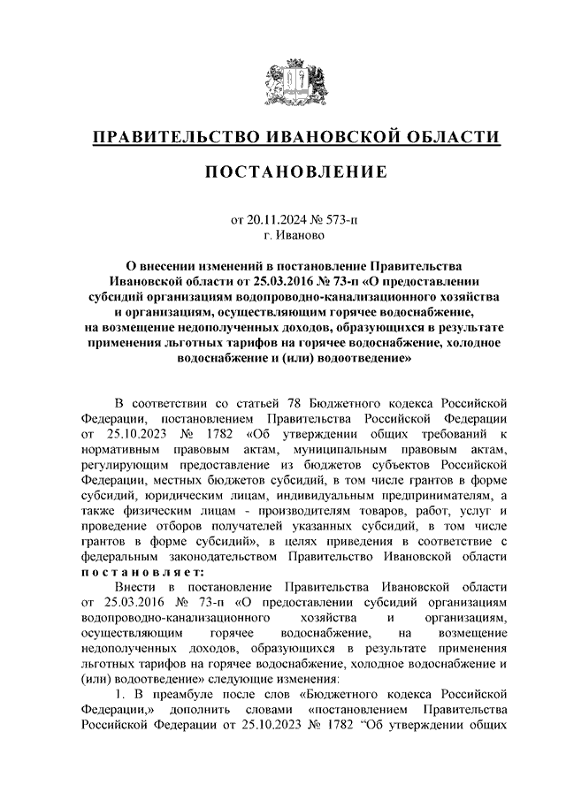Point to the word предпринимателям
click(430, 496)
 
